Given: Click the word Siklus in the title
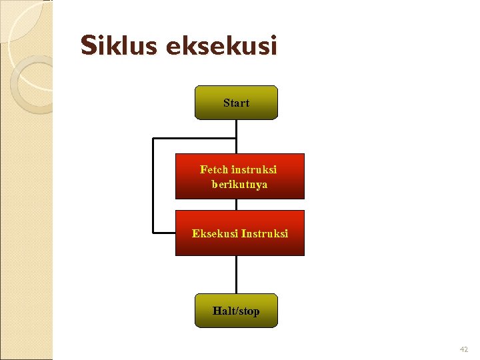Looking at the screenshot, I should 119,46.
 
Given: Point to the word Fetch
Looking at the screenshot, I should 214,169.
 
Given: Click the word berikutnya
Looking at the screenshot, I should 239,184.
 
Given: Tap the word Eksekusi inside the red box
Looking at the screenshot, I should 215,234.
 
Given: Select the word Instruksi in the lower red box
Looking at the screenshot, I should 265,234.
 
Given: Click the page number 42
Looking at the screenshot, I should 464,349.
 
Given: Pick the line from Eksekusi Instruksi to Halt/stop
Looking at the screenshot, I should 236,275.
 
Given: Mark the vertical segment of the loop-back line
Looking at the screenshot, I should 153,185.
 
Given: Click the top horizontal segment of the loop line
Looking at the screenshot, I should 194,139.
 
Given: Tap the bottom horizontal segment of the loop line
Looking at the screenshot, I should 164,233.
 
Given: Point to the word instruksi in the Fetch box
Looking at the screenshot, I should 254,169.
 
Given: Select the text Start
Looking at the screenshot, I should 236,103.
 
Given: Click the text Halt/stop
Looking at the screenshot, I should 236,311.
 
